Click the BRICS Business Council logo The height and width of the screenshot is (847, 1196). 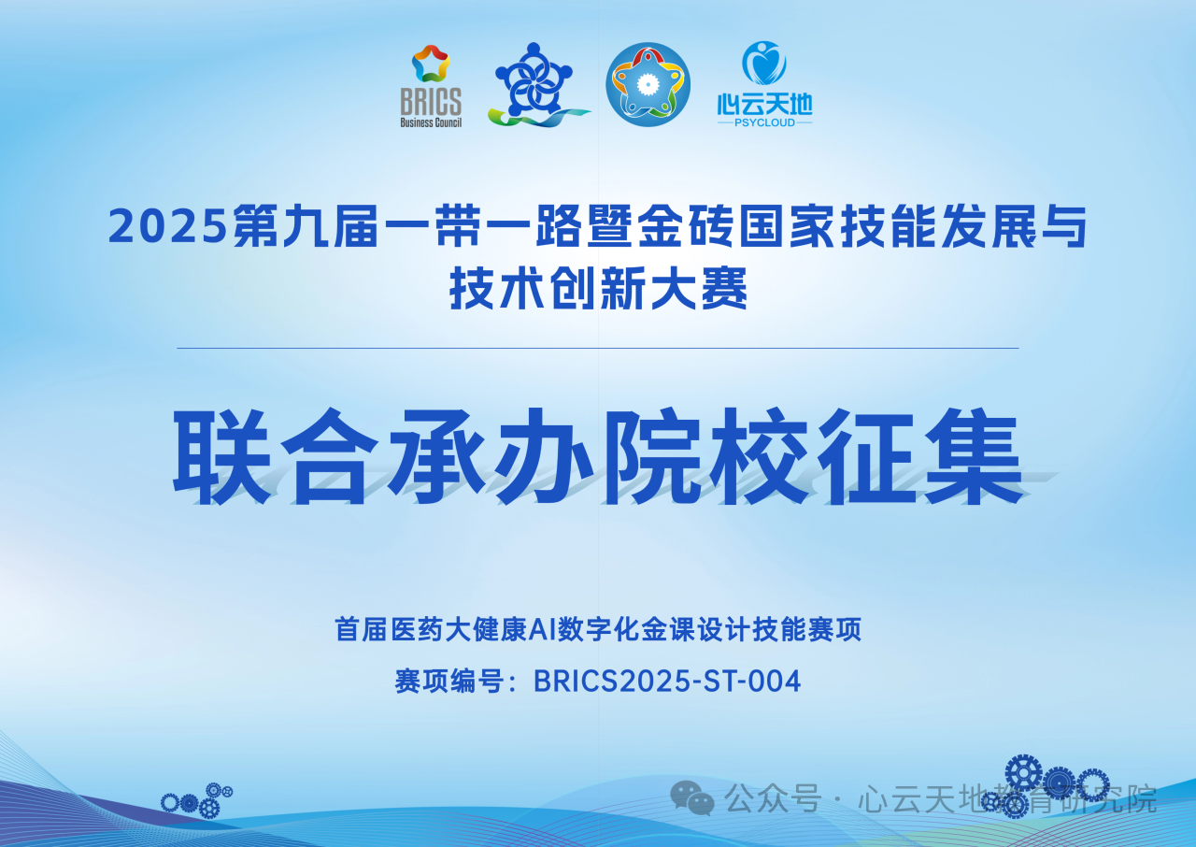(431, 86)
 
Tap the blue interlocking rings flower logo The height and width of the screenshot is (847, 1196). (534, 85)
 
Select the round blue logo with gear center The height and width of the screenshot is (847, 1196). (648, 85)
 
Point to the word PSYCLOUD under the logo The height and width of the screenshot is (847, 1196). (764, 122)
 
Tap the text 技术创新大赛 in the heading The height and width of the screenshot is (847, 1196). (598, 290)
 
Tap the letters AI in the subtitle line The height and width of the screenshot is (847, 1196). (543, 629)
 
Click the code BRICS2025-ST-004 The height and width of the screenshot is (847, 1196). (667, 682)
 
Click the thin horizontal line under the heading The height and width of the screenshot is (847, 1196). (598, 348)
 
